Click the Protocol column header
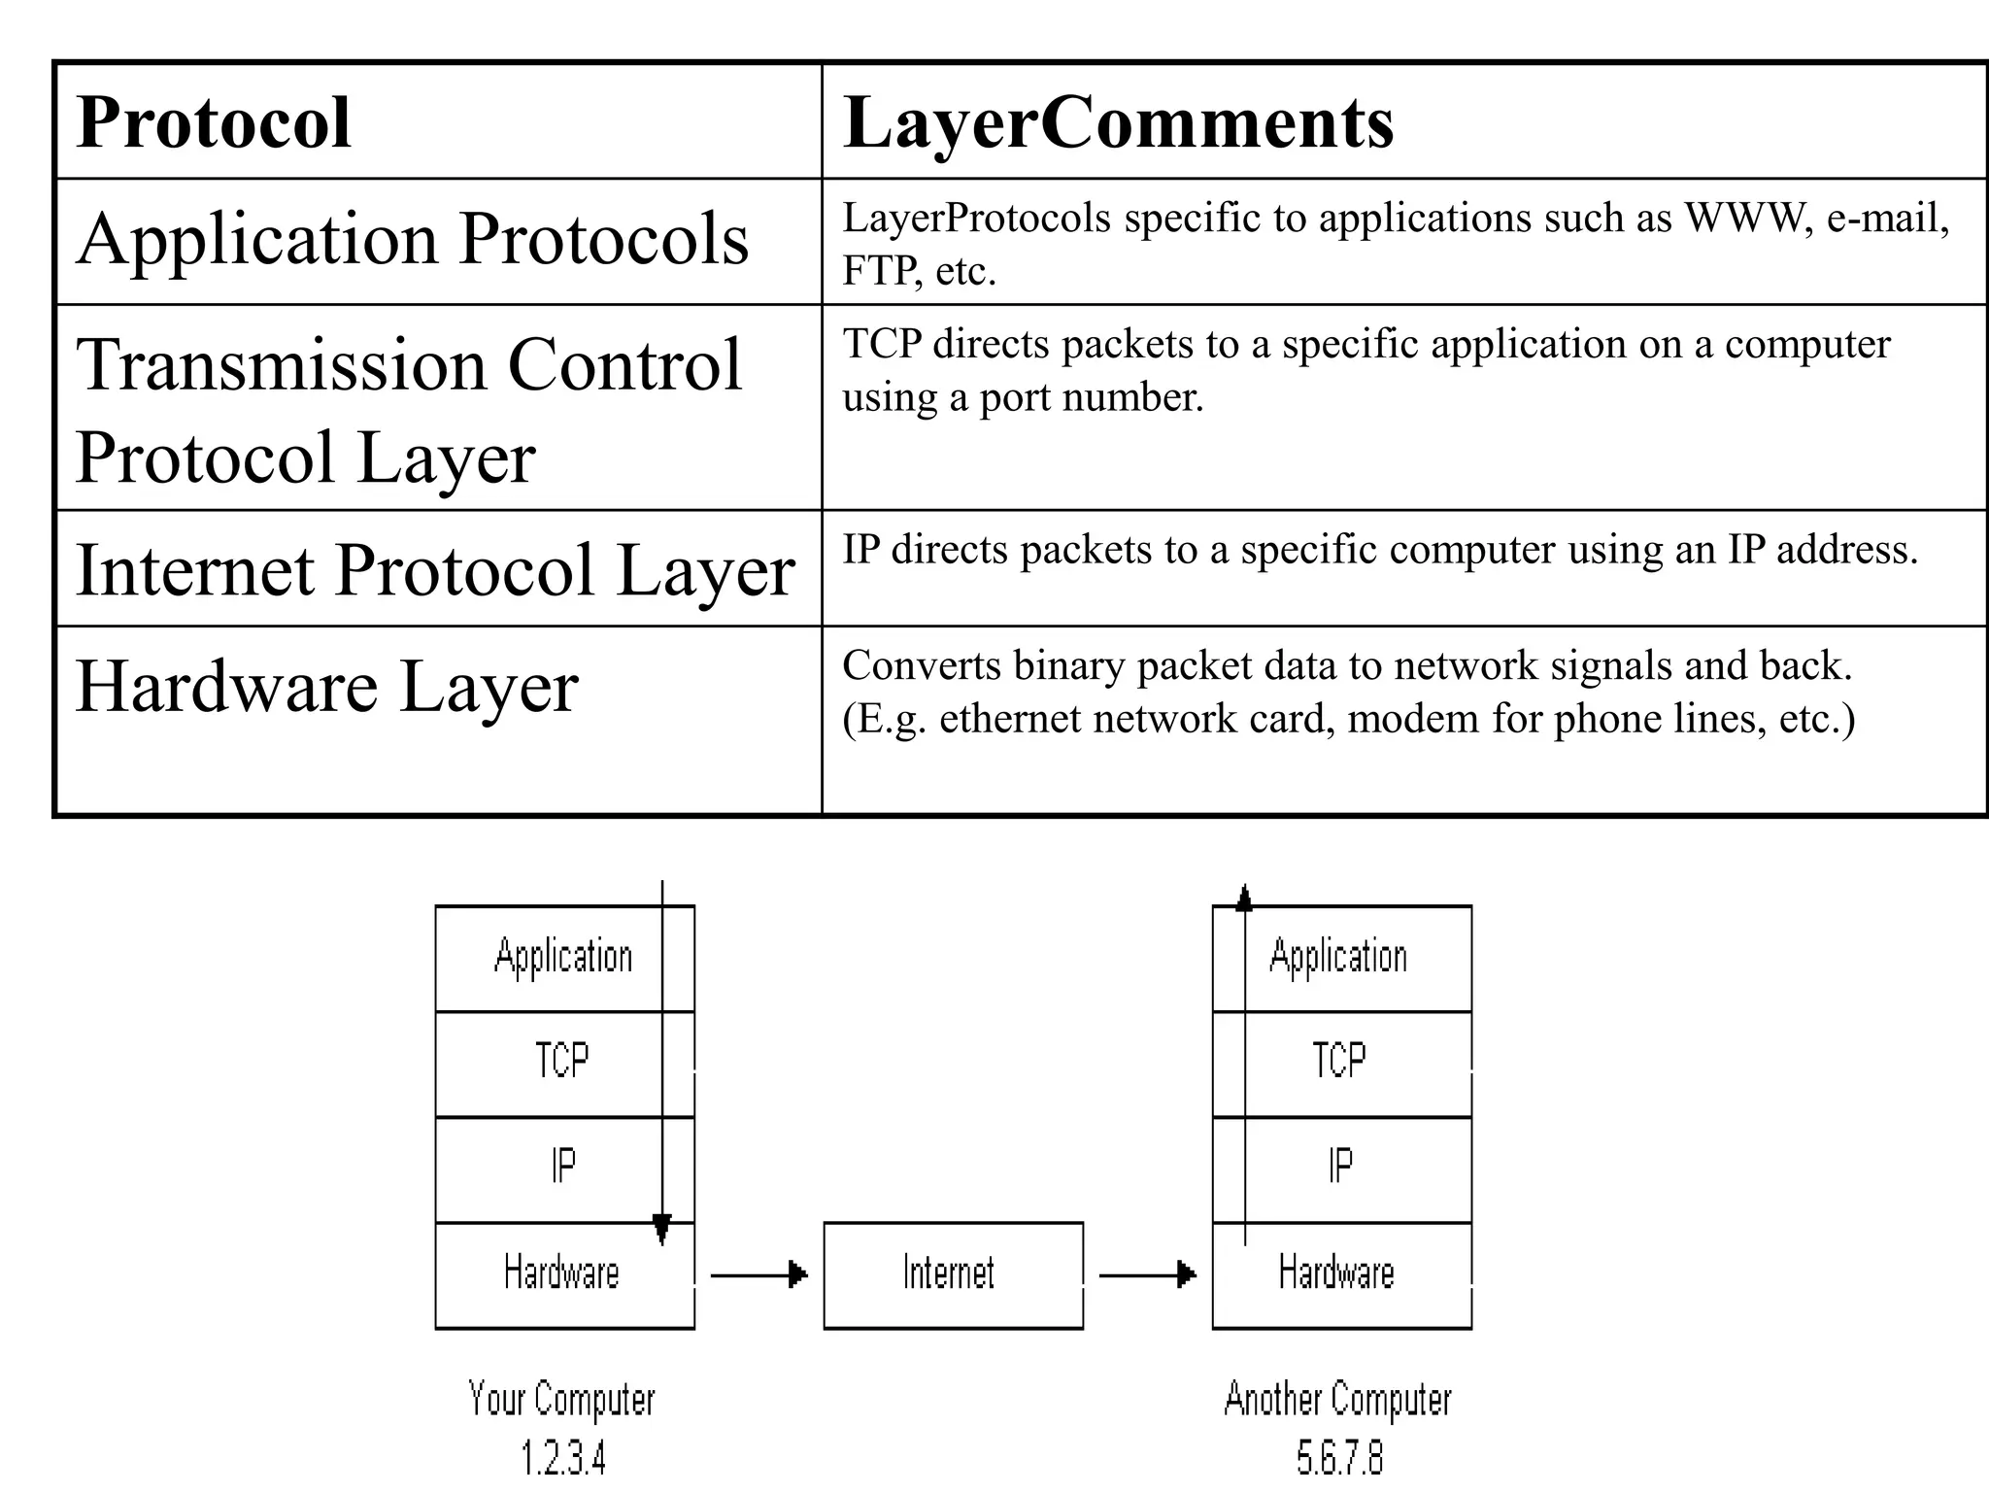click(214, 123)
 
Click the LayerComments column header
click(1117, 123)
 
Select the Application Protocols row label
click(413, 239)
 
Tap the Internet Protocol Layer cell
click(435, 570)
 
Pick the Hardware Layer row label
click(327, 687)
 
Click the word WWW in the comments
click(1743, 218)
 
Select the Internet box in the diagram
click(952, 1274)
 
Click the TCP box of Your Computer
click(562, 1062)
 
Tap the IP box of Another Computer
click(1340, 1167)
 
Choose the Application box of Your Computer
click(562, 957)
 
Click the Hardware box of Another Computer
click(1337, 1273)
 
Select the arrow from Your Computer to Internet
click(759, 1274)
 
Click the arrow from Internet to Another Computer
click(1147, 1274)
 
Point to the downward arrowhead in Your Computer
click(662, 1230)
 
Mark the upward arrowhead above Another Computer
click(1244, 899)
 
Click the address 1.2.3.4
click(562, 1458)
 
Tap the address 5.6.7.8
click(1338, 1458)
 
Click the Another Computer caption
click(1337, 1400)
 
